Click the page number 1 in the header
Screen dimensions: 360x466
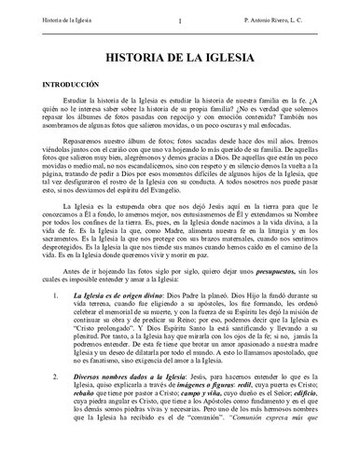[179, 18]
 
